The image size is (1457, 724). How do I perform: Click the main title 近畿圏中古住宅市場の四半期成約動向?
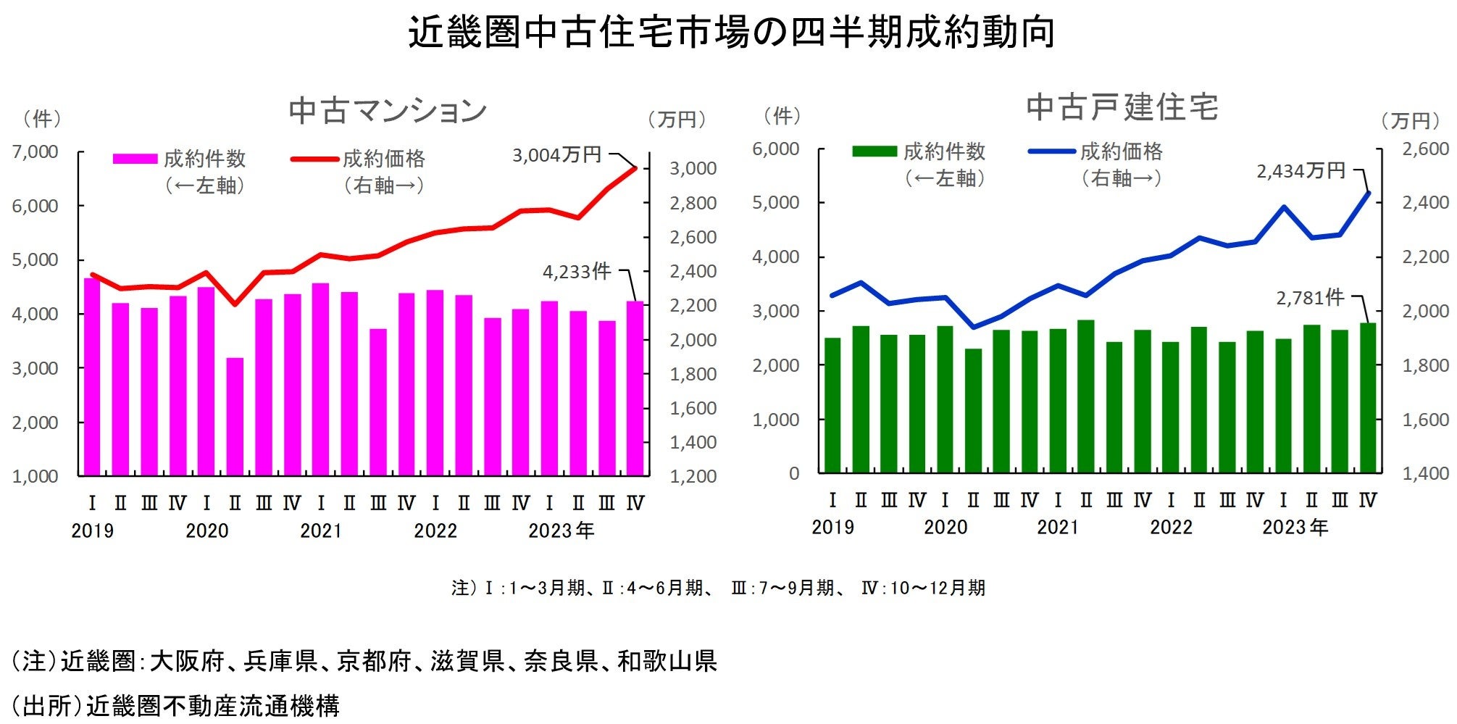(x=730, y=33)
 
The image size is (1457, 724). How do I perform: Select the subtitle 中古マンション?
(x=388, y=111)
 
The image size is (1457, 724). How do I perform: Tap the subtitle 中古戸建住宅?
(x=1122, y=107)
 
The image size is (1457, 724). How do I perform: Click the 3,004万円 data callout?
(x=556, y=155)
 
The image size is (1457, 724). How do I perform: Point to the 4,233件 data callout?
(x=577, y=272)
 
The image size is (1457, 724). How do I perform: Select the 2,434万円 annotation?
(x=1301, y=171)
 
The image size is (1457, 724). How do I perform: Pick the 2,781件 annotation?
(x=1310, y=298)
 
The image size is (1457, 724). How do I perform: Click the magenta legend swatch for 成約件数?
(x=135, y=159)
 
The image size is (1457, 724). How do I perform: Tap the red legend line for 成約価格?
(x=314, y=159)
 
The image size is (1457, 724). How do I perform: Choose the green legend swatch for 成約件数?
(x=874, y=151)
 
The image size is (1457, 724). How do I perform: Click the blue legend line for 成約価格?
(x=1051, y=151)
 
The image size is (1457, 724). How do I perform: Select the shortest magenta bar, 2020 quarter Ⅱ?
(x=235, y=417)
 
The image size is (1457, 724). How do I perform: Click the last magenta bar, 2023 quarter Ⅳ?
(x=635, y=388)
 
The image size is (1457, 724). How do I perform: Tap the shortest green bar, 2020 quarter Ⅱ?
(x=973, y=411)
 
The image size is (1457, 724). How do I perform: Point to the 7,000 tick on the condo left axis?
(x=35, y=152)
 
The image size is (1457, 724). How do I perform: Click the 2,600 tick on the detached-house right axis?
(x=1425, y=149)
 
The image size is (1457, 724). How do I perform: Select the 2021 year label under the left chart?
(x=320, y=531)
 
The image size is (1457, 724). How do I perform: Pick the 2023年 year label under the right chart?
(x=1295, y=528)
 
